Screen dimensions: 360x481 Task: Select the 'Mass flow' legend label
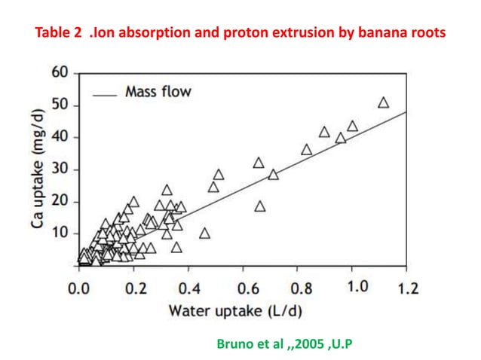[x=158, y=92]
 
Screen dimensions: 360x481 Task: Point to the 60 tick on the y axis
[x=59, y=73]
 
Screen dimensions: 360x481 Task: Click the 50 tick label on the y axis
[x=59, y=105]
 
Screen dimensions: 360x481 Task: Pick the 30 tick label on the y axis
[x=59, y=169]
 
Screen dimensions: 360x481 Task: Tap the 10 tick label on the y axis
[x=59, y=233]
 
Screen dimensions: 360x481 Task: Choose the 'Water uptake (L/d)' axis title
[x=243, y=310]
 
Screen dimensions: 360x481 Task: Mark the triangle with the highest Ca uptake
[x=383, y=102]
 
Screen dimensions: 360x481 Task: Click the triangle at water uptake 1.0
[x=352, y=126]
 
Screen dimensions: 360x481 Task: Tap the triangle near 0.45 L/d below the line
[x=204, y=233]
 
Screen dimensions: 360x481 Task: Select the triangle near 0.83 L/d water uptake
[x=306, y=149]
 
